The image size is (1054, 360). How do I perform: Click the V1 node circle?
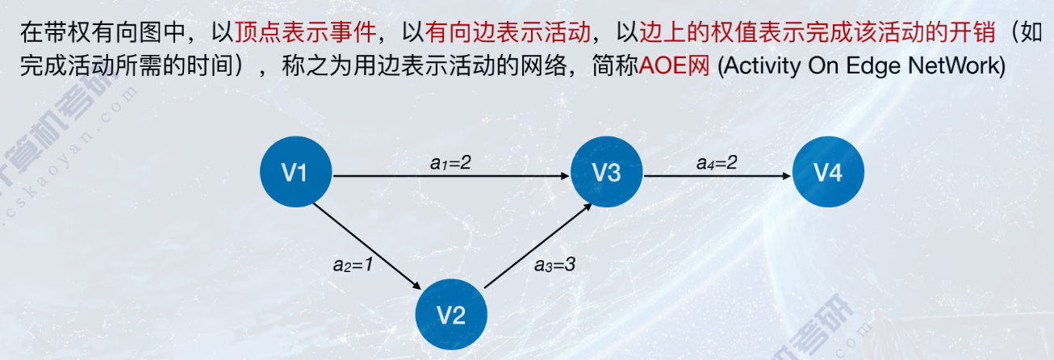[x=295, y=173]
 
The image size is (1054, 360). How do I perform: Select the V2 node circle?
[x=451, y=313]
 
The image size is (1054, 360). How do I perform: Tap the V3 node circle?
[x=606, y=173]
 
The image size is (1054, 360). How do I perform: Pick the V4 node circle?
[x=828, y=173]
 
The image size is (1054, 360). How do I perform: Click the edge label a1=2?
[x=450, y=162]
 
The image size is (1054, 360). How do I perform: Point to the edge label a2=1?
[x=352, y=263]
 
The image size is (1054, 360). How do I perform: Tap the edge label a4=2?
[x=717, y=162]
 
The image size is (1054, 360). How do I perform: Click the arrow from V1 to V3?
[x=452, y=175]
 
